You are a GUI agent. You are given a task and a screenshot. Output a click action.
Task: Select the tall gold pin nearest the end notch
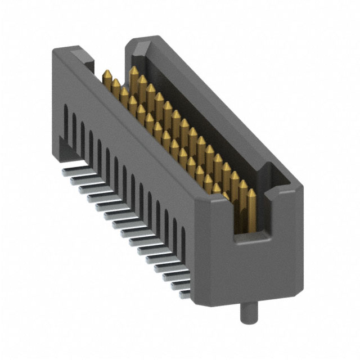[x=252, y=208]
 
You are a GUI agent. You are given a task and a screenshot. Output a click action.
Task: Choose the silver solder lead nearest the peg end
[x=183, y=293]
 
